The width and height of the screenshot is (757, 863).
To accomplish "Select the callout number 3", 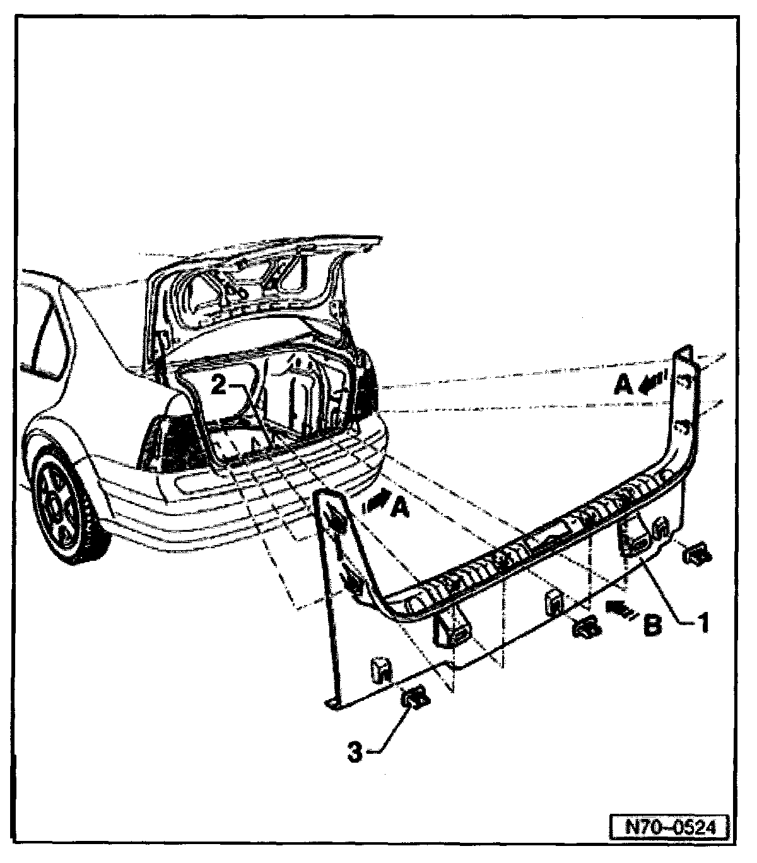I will pyautogui.click(x=356, y=753).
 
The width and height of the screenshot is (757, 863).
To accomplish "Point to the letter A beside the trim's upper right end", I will pyautogui.click(x=623, y=384).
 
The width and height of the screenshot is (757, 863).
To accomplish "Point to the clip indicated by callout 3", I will pyautogui.click(x=415, y=698).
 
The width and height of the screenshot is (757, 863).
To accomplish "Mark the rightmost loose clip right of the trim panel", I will pyautogui.click(x=697, y=554).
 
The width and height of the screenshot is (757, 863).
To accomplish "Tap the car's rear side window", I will pyautogui.click(x=44, y=341).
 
